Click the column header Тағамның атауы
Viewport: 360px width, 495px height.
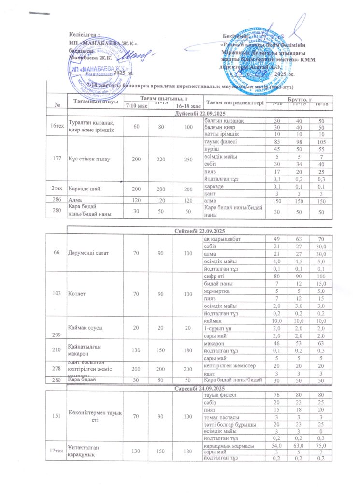[x=90, y=101]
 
